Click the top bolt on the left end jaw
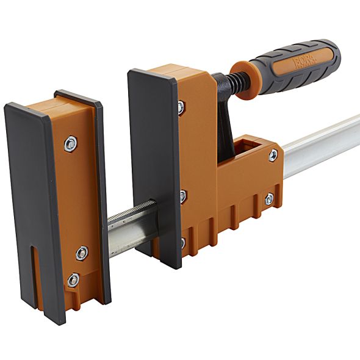(x=71, y=144)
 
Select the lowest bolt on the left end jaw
(x=73, y=280)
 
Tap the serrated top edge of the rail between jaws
(x=131, y=211)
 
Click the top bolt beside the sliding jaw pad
(x=181, y=108)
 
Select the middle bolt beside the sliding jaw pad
(x=182, y=196)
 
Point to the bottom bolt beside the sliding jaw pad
(x=182, y=243)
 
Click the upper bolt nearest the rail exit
(x=273, y=156)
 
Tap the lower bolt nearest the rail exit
(x=269, y=199)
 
